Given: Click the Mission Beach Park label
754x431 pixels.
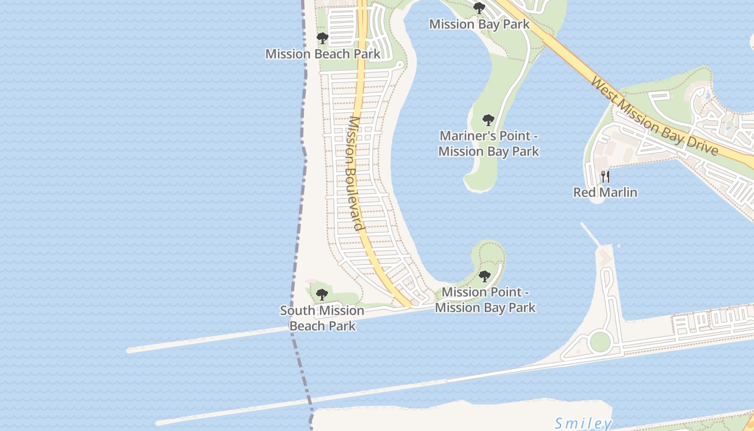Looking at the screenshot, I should (x=323, y=54).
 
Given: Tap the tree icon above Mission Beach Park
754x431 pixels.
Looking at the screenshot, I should (x=323, y=38).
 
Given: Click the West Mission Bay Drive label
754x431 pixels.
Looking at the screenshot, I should (x=654, y=115).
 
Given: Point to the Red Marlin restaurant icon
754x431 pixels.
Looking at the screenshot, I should (x=605, y=176).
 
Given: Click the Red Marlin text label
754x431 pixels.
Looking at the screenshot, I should (x=605, y=192).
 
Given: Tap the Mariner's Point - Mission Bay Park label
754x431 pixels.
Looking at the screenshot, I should (x=488, y=143).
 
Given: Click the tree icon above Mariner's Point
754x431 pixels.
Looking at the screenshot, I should (x=488, y=120).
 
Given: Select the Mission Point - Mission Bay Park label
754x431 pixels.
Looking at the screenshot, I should (x=485, y=300).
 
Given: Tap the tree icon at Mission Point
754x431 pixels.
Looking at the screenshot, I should (x=485, y=276).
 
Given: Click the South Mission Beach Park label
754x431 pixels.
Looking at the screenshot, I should (x=322, y=318).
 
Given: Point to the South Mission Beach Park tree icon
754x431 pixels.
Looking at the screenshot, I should (x=322, y=295).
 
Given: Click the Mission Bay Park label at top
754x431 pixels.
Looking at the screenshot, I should (x=479, y=24).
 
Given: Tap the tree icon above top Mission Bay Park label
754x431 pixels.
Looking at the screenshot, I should (x=479, y=8).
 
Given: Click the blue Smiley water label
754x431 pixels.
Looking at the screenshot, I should (x=583, y=423).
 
